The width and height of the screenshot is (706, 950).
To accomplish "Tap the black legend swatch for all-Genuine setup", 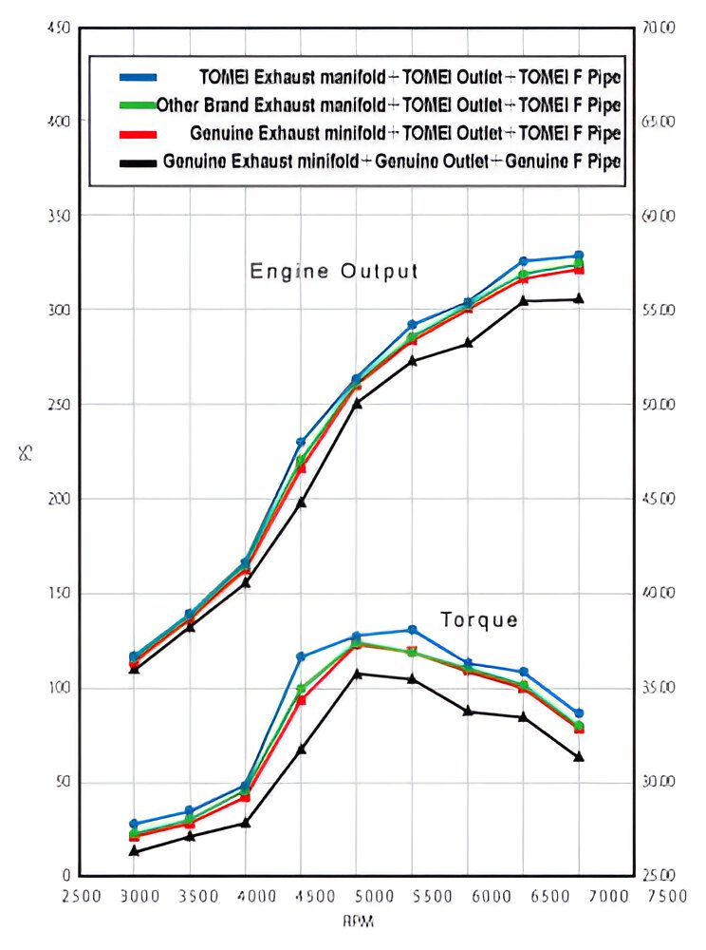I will [138, 161].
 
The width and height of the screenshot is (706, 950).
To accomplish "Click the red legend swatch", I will [138, 133].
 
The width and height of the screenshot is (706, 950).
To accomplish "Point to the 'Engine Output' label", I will [333, 272].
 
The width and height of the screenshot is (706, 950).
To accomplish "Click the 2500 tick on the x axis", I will [80, 896].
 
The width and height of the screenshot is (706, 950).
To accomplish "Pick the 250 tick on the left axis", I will [57, 405].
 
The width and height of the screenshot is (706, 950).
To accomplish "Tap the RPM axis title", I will [356, 921].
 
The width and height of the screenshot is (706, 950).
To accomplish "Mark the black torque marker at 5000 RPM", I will [357, 674].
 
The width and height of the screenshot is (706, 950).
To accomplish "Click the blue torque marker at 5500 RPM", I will [412, 630].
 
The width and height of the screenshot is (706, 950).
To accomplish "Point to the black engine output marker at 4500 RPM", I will [301, 502].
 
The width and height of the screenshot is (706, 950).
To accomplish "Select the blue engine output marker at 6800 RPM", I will [579, 256].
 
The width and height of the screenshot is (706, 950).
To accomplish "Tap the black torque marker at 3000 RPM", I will [135, 851].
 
